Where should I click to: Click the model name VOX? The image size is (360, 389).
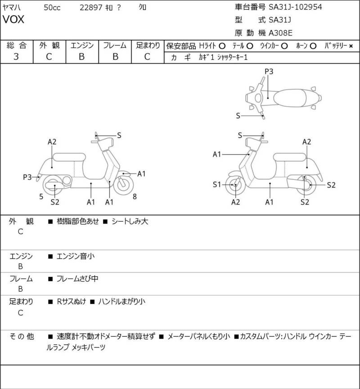(14, 20)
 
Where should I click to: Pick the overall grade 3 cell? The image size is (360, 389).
(16, 57)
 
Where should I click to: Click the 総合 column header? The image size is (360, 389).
(16, 45)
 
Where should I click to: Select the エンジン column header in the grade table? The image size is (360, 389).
(82, 45)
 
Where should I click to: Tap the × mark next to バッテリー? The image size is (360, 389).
(351, 46)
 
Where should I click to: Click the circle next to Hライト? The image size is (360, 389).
(222, 46)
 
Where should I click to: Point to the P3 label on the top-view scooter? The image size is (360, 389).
(269, 71)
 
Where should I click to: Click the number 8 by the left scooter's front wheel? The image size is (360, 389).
(135, 196)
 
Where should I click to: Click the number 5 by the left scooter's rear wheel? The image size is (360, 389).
(41, 196)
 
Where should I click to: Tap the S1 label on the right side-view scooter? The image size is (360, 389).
(217, 184)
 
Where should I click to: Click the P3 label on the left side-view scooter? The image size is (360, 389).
(27, 177)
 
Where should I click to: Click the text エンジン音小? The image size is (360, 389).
(76, 256)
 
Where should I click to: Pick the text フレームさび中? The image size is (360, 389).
(77, 279)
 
